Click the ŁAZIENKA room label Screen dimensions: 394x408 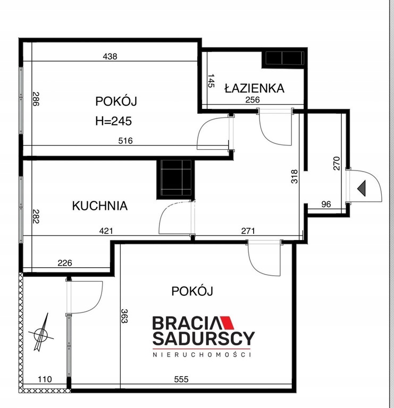254,88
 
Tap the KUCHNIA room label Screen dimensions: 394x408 100,206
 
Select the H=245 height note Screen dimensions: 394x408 114,121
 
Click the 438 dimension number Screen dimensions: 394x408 110,56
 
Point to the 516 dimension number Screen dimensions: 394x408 125,141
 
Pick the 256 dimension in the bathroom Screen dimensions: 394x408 253,100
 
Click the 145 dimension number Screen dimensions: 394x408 211,81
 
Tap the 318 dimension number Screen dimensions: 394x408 294,177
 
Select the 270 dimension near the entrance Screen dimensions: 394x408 337,163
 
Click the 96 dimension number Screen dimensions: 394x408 326,204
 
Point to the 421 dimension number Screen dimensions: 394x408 106,231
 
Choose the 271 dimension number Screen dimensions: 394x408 248,231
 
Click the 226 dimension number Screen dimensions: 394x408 65,263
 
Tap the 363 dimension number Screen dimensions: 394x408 124,316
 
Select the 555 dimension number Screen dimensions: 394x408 181,379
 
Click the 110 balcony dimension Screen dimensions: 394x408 45,379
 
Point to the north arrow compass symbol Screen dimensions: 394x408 41,333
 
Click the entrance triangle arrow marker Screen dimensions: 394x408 362,188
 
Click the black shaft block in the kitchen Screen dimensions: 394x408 175,179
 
